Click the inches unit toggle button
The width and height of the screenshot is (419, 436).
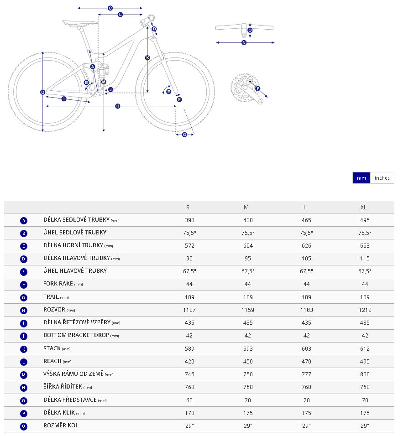click(382, 178)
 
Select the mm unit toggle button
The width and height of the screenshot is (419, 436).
click(361, 178)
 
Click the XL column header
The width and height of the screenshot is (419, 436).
click(363, 208)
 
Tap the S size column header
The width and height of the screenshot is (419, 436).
click(188, 208)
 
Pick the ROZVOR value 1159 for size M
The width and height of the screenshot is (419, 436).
click(246, 310)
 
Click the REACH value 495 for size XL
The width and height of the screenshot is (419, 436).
click(365, 361)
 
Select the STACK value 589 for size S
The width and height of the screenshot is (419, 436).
click(189, 349)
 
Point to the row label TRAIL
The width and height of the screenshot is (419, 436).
click(51, 297)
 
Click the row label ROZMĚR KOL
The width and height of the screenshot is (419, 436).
click(61, 426)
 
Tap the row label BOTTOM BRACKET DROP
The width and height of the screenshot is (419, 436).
click(76, 335)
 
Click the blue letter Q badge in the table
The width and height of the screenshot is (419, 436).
click(24, 426)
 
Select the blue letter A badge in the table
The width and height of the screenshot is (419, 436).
click(24, 221)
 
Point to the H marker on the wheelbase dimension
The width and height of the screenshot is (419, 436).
click(118, 106)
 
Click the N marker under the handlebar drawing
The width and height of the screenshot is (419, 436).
click(244, 43)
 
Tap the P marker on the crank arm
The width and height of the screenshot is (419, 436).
click(257, 88)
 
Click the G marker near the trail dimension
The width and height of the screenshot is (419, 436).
click(184, 135)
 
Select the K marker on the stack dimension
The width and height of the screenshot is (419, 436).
click(147, 58)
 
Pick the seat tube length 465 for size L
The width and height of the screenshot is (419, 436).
click(306, 220)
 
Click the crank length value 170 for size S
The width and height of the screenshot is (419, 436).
click(189, 413)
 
